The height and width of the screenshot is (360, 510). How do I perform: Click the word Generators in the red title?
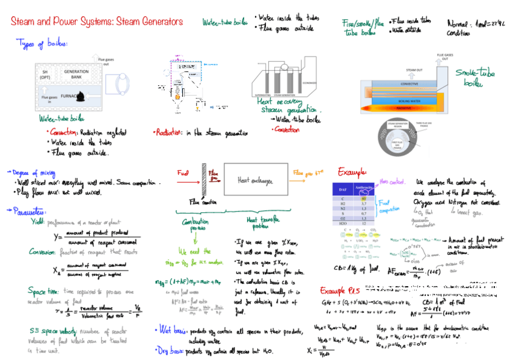tap(159, 22)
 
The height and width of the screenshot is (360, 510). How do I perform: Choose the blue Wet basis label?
tap(170, 330)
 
